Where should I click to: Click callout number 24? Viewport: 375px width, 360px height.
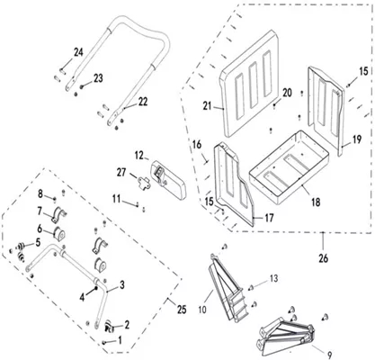[78, 52]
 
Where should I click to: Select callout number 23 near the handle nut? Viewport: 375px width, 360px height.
[98, 78]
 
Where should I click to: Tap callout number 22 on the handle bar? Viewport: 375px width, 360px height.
[143, 102]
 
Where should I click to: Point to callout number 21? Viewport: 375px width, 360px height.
[207, 106]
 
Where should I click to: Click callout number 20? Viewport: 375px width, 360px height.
[287, 93]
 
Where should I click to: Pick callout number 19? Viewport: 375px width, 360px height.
[357, 139]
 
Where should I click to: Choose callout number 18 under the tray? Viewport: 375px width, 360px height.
[316, 202]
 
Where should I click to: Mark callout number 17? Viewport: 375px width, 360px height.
[269, 218]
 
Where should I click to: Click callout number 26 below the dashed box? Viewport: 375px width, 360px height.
[323, 258]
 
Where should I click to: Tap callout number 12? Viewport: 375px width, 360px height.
[139, 156]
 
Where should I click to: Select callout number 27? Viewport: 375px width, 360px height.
[121, 173]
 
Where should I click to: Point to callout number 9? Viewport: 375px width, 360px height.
[329, 355]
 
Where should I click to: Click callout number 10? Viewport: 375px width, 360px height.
[202, 310]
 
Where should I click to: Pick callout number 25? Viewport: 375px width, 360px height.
[182, 310]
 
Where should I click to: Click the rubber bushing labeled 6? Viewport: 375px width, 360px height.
[59, 234]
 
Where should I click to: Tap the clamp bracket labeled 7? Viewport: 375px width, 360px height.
[58, 215]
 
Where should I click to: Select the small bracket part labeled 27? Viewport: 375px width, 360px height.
[143, 182]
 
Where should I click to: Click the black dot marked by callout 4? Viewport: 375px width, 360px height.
[96, 288]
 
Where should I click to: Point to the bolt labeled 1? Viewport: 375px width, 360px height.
[104, 342]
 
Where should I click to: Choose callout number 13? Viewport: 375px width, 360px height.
[274, 278]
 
